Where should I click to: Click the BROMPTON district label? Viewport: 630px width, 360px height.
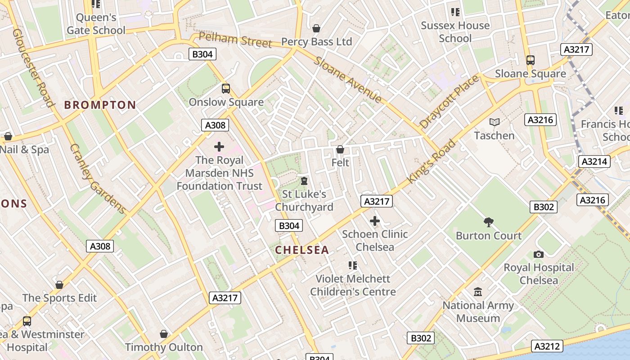click(100, 105)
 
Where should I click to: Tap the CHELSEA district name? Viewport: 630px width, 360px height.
click(302, 250)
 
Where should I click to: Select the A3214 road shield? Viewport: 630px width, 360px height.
click(594, 162)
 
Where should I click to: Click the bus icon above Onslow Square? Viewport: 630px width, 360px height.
click(226, 89)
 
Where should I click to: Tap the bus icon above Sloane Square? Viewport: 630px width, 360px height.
click(531, 60)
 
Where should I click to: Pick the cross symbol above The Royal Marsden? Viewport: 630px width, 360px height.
click(219, 147)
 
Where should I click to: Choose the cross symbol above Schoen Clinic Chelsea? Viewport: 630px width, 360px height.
click(375, 221)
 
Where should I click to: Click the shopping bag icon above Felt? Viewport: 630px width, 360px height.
click(340, 149)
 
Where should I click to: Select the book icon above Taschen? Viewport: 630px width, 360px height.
click(494, 122)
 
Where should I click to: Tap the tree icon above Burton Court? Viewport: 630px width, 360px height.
click(489, 222)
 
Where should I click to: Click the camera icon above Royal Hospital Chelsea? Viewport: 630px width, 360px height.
click(539, 254)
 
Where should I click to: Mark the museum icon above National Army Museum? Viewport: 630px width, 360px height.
click(478, 292)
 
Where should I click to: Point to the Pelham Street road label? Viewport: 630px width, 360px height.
click(235, 40)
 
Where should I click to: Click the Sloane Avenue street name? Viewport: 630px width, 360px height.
click(348, 80)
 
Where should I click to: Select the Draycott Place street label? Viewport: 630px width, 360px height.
click(449, 102)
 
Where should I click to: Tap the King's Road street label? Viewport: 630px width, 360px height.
click(431, 162)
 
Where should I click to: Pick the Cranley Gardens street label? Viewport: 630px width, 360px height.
click(97, 179)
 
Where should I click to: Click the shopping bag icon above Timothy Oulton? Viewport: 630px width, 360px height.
click(164, 334)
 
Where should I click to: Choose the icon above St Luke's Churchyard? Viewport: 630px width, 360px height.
click(304, 181)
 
